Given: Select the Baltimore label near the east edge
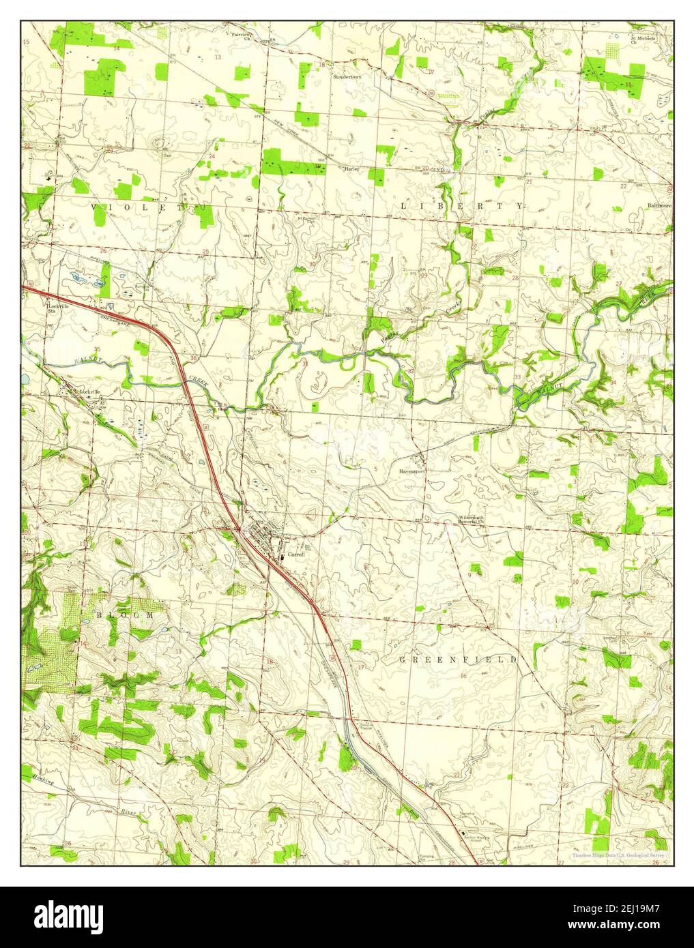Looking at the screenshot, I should click(x=659, y=205).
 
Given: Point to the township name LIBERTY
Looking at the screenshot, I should click(x=462, y=205).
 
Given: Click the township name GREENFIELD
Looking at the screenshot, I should click(x=458, y=660).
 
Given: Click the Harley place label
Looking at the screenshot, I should click(x=351, y=168).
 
